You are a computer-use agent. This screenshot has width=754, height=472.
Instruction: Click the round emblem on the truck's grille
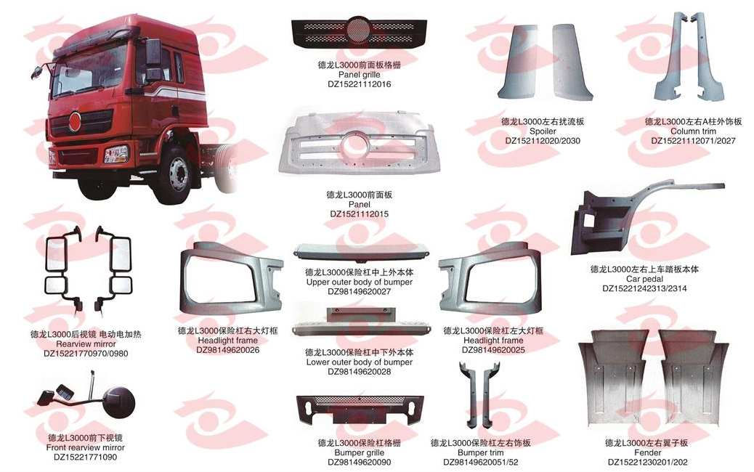tap(75, 121)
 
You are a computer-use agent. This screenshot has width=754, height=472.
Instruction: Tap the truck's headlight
tap(117, 154)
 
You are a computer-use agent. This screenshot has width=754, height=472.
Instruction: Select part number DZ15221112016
tap(360, 84)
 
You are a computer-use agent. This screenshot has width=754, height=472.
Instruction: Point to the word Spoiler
tap(543, 131)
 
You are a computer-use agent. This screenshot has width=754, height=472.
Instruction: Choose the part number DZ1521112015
tap(360, 214)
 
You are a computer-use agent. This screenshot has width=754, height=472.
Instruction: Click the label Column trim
tap(693, 131)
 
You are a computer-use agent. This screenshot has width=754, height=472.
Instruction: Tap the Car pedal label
tap(644, 279)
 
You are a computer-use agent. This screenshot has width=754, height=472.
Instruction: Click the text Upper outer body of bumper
tap(360, 282)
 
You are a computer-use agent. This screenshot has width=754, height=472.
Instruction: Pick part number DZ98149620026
tap(228, 350)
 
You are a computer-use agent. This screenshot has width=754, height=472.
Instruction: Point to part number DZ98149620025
tap(493, 350)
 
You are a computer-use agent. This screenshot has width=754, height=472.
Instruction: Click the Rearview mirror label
tap(86, 344)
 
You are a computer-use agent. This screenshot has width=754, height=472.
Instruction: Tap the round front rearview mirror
tap(119, 402)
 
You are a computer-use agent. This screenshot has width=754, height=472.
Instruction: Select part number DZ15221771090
tap(85, 457)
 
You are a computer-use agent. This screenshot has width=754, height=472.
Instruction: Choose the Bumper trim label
tap(480, 453)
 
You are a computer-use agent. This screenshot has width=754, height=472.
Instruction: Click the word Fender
tap(647, 453)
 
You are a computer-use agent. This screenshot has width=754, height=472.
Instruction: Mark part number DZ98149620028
tap(360, 372)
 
